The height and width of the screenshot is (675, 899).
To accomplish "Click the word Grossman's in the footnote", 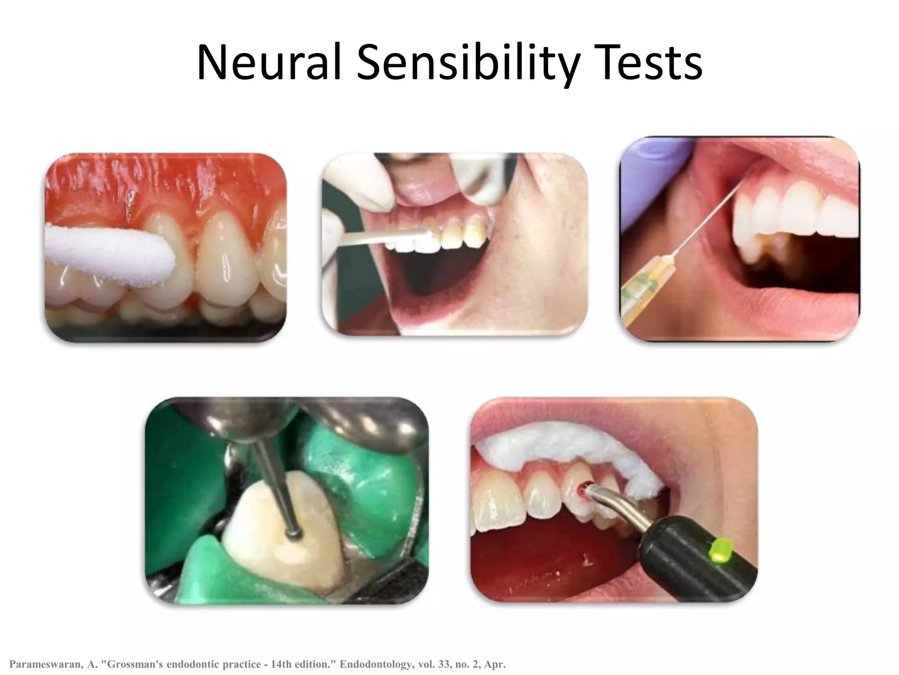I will [x=131, y=664].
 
